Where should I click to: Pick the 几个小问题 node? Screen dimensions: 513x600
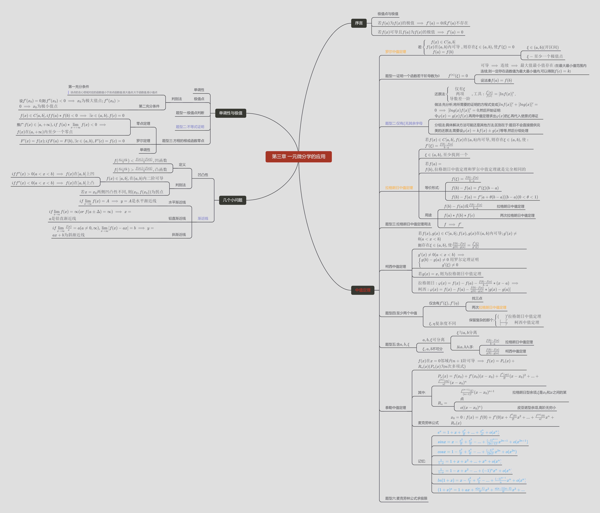tap(233, 200)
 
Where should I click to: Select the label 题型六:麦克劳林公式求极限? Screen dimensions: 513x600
tap(406, 498)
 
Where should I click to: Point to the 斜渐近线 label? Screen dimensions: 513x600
tap(179, 234)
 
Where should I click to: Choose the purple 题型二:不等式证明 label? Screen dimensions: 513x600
tap(190, 127)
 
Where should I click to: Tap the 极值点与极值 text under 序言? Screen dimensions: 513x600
tap(388, 14)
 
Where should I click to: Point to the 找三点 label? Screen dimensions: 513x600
tap(477, 298)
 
